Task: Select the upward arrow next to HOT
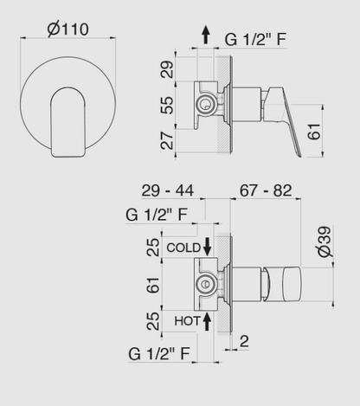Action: tap(209, 320)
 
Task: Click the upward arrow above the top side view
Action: tap(204, 35)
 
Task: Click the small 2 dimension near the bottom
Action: tap(245, 342)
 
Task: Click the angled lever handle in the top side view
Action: tap(288, 121)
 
